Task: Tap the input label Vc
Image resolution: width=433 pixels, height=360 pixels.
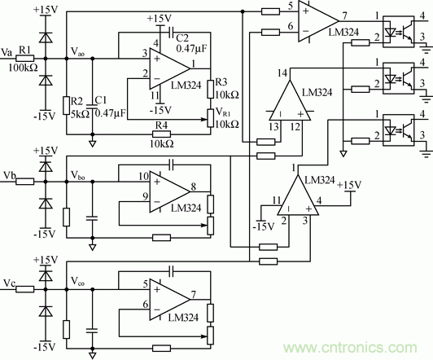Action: [x=9, y=283]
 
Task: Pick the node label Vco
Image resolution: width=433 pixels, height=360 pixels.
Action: [x=79, y=283]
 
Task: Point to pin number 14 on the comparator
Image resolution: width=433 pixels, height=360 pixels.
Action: [x=282, y=74]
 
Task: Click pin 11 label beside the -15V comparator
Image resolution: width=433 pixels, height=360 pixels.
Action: [x=276, y=199]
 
